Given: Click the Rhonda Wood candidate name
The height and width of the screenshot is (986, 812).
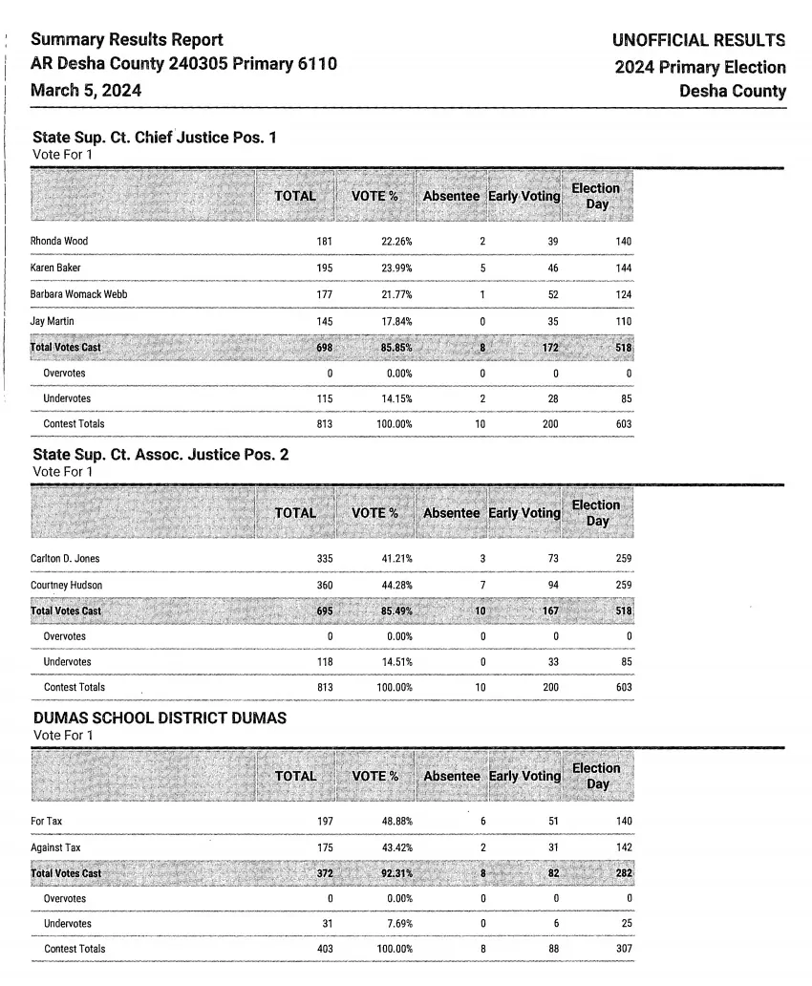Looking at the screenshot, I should pos(59,241).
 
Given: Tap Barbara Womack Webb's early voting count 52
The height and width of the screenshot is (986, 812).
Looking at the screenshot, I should pos(553,294).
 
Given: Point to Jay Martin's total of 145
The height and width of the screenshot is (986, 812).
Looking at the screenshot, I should pos(324,321).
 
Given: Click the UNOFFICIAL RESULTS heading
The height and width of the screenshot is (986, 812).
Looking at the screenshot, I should pos(698,41).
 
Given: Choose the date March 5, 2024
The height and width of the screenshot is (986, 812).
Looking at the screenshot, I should pos(86,90).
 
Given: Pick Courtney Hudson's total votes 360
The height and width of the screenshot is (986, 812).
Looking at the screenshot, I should pos(324,585).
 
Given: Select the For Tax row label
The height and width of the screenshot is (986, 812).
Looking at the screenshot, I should pos(47,821).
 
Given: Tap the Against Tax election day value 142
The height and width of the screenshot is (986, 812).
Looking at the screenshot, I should pos(623,847).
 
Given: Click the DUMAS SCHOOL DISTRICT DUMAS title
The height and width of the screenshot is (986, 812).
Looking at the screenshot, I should pos(160,718).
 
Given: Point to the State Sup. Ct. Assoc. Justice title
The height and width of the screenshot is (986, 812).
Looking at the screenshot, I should pos(160,455).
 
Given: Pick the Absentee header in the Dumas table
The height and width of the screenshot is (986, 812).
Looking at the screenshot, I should pos(452,777).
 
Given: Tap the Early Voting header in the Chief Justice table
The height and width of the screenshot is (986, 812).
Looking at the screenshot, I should pos(524,196).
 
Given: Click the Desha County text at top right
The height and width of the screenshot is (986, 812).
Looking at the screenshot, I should pos(733,92).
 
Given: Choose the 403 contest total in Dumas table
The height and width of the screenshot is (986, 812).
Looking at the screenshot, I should pos(324,949).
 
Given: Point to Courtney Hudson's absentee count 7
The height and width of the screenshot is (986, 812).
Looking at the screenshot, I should pos(482,585).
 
